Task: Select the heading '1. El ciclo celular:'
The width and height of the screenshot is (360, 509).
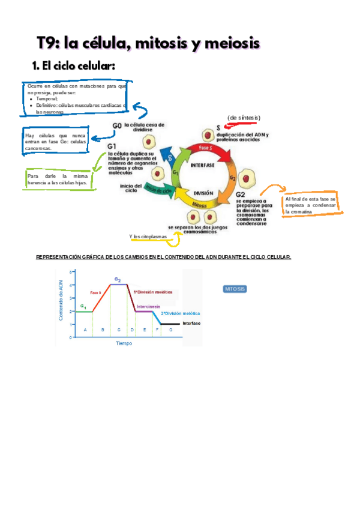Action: click(73, 66)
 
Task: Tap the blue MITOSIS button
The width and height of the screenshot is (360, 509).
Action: click(235, 289)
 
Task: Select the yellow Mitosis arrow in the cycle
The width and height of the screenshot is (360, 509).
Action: click(200, 205)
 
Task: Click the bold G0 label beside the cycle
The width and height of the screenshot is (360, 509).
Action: click(118, 126)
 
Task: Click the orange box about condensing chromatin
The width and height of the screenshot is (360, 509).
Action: click(311, 205)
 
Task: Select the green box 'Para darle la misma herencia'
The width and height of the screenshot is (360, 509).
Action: click(58, 179)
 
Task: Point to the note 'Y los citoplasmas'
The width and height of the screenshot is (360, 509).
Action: click(148, 236)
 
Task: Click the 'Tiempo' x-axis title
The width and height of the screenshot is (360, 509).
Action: click(124, 343)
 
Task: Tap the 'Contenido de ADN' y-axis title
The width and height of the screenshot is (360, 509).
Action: click(60, 303)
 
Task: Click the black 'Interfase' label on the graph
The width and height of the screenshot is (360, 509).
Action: click(191, 323)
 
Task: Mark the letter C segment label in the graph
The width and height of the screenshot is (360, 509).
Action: click(118, 330)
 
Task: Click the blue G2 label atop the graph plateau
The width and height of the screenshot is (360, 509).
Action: click(118, 280)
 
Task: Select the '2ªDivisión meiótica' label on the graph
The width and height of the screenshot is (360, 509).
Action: click(181, 313)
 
